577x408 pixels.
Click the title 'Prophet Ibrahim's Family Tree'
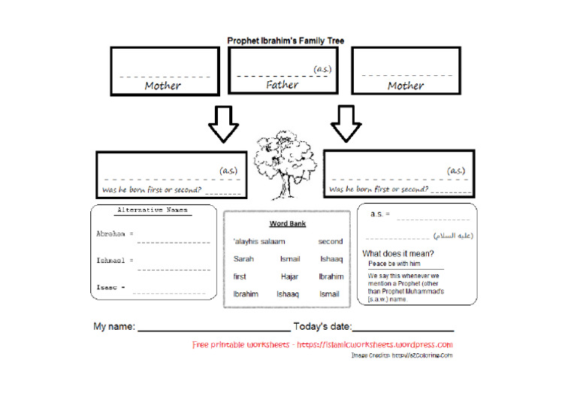[285, 41]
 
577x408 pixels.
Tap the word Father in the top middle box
[282, 85]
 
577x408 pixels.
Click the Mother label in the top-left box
[162, 86]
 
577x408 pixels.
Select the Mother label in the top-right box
[405, 86]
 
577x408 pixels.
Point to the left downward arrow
[223, 123]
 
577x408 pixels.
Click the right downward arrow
[346, 123]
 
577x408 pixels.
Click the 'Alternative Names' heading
[153, 210]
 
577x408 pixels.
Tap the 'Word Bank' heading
[288, 224]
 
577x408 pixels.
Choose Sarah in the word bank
[243, 259]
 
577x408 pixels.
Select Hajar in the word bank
[289, 277]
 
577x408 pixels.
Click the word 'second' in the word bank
[330, 242]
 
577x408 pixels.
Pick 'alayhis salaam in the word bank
[259, 242]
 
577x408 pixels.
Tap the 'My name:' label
[114, 327]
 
